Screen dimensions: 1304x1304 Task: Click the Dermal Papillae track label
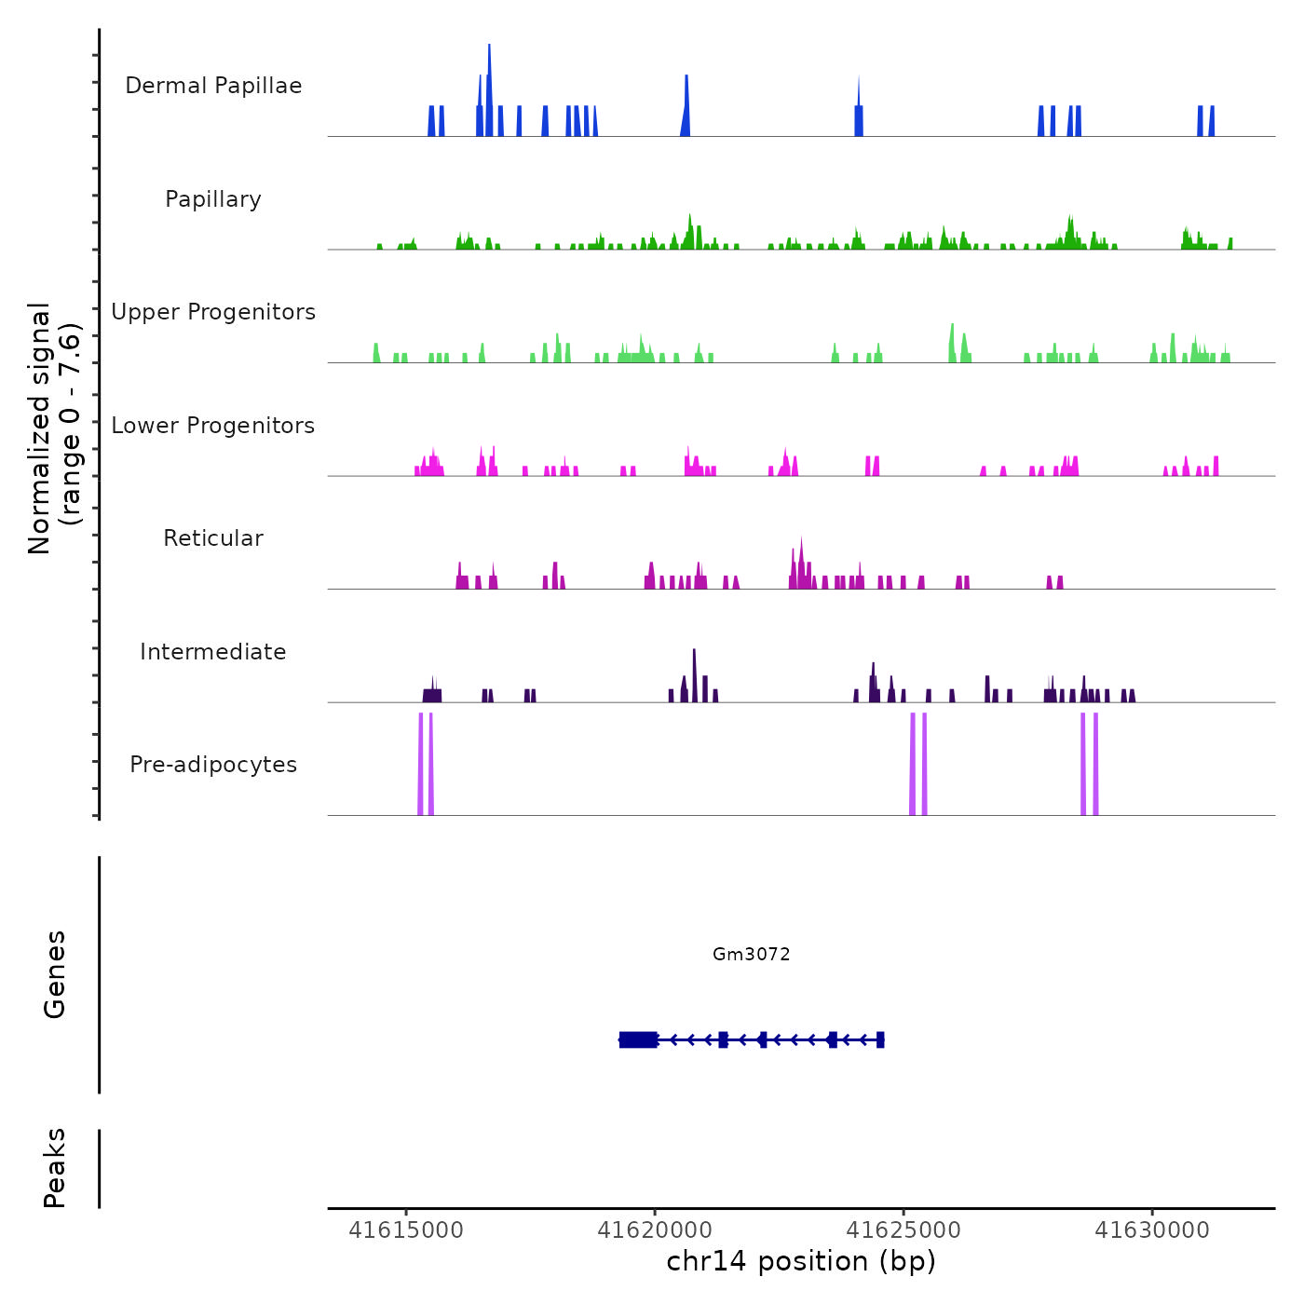click(x=213, y=86)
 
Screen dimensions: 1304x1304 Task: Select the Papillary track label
click(x=213, y=199)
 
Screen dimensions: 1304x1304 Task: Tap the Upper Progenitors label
click(x=213, y=312)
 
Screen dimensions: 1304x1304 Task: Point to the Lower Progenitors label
click(x=213, y=426)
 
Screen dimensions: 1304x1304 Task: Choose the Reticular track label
click(x=213, y=538)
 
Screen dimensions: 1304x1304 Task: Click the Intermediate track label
click(x=213, y=652)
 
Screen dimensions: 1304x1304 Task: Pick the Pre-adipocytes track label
click(x=213, y=765)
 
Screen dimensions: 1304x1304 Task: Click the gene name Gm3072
click(x=751, y=954)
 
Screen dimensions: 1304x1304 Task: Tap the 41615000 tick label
click(x=406, y=1230)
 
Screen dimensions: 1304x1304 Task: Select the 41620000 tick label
click(x=655, y=1230)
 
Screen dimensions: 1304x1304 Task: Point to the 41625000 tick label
click(x=903, y=1230)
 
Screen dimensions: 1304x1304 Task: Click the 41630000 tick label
click(x=1152, y=1230)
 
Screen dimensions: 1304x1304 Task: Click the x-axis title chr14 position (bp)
click(x=801, y=1261)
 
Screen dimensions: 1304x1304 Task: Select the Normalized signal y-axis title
click(x=54, y=428)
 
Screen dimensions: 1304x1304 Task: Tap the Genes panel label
click(x=55, y=974)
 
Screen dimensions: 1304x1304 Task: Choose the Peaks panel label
click(x=55, y=1168)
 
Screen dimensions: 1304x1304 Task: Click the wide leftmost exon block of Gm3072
click(x=638, y=1039)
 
